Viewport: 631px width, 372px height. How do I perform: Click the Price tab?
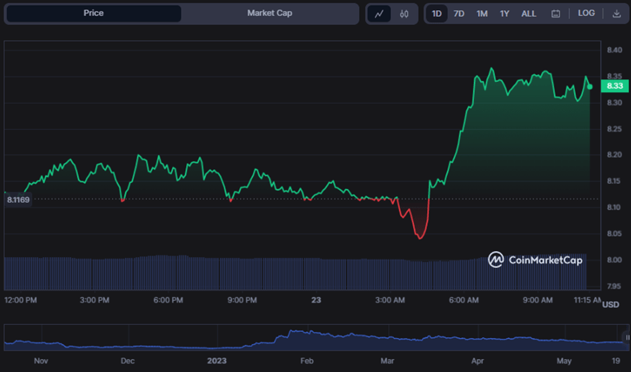(93, 13)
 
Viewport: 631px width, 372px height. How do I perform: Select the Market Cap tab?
(269, 13)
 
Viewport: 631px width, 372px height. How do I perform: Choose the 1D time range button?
(436, 13)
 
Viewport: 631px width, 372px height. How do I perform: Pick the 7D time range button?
(459, 13)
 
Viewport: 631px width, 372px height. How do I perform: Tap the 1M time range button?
(482, 13)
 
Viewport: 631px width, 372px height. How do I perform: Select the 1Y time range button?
(504, 13)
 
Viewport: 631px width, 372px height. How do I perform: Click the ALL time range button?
(529, 13)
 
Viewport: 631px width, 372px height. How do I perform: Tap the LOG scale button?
(586, 13)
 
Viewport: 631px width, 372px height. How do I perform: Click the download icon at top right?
(617, 13)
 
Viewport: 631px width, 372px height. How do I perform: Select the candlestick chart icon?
(404, 13)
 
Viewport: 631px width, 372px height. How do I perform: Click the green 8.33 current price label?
(615, 86)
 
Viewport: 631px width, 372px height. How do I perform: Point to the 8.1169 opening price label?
(18, 199)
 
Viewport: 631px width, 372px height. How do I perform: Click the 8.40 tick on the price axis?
(614, 50)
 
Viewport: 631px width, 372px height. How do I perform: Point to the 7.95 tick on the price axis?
(614, 286)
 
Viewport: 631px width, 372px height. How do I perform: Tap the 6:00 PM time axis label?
(168, 299)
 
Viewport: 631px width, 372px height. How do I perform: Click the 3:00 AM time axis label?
(389, 299)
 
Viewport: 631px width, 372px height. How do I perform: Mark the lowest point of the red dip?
(420, 238)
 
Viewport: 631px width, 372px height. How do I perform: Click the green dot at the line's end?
(590, 87)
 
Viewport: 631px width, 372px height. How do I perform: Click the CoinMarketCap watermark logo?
(535, 260)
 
